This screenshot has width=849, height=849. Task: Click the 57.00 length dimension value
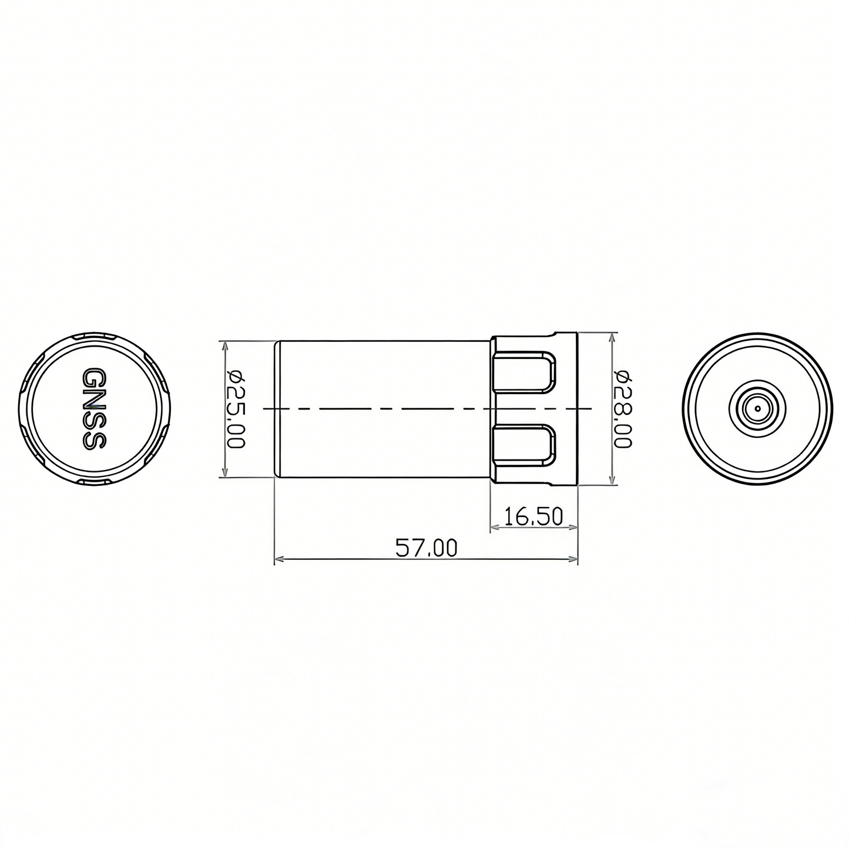pyautogui.click(x=426, y=548)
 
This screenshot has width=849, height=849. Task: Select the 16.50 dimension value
pyautogui.click(x=533, y=517)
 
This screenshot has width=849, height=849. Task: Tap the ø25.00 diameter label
pyautogui.click(x=236, y=409)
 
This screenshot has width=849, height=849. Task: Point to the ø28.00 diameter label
pyautogui.click(x=623, y=409)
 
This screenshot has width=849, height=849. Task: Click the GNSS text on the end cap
pyautogui.click(x=92, y=409)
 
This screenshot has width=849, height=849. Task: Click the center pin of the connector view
pyautogui.click(x=757, y=408)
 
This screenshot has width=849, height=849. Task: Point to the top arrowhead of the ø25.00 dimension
pyautogui.click(x=224, y=345)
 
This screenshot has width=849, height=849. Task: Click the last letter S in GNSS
pyautogui.click(x=92, y=441)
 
